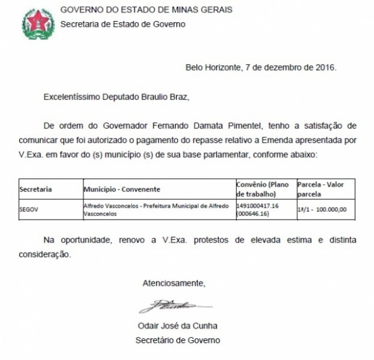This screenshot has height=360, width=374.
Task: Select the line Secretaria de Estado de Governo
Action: tap(124, 25)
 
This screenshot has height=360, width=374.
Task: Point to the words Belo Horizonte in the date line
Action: tap(214, 67)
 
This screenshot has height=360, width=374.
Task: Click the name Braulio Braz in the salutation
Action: tap(171, 95)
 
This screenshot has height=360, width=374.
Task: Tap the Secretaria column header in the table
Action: tap(36, 190)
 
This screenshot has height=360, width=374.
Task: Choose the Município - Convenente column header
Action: tap(121, 190)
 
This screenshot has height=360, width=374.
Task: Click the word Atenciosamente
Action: tap(173, 282)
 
